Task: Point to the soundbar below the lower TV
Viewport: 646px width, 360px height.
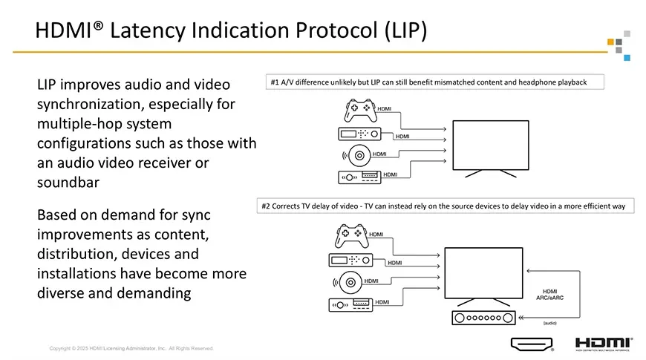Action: (482, 318)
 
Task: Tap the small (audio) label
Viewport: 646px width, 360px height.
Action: (550, 324)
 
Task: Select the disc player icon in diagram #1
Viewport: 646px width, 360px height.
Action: (359, 157)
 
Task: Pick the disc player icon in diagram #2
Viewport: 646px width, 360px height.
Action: (351, 283)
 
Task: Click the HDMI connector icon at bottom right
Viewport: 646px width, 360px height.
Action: (532, 344)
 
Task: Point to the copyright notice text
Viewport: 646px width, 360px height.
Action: (131, 348)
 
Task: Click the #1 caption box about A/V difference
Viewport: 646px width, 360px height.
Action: (434, 82)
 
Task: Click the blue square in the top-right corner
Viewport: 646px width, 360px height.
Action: (627, 57)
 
